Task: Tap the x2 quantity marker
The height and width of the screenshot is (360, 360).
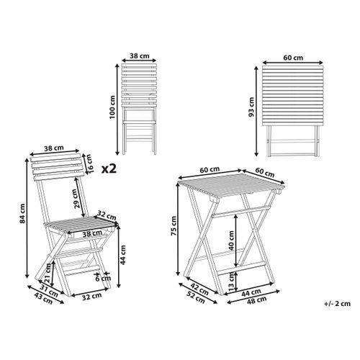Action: click(x=109, y=169)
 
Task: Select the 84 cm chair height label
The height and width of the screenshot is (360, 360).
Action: click(x=22, y=216)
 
